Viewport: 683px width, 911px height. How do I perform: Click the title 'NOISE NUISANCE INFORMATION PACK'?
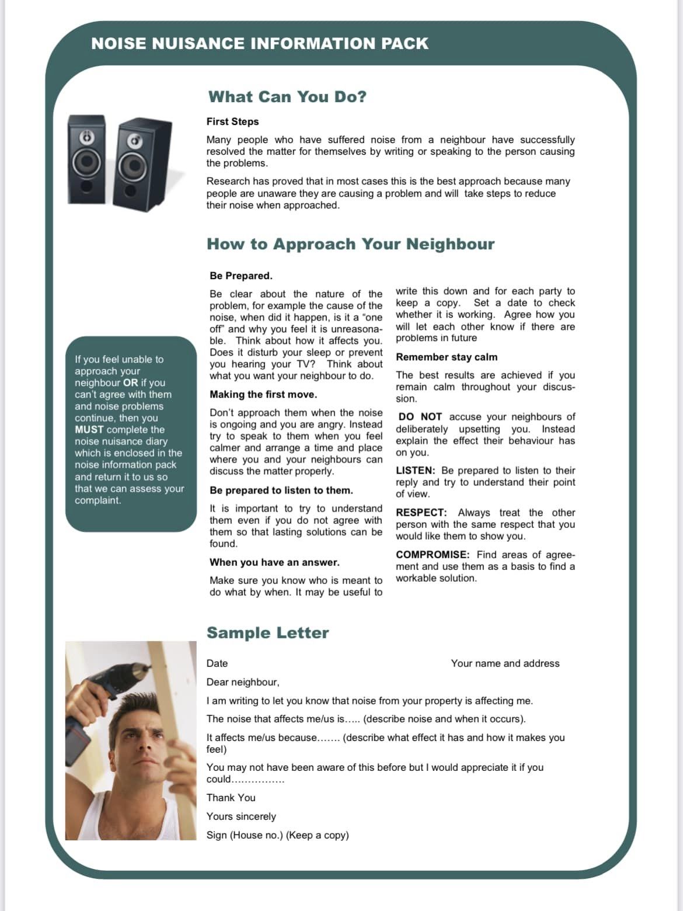260,44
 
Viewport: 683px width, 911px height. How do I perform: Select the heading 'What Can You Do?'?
287,97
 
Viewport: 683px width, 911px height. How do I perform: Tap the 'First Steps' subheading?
232,121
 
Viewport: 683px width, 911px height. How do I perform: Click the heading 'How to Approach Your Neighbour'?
350,244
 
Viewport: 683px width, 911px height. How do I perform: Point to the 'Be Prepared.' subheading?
241,276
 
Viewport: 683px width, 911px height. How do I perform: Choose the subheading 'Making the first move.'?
263,394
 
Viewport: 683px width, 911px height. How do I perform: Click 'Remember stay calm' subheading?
447,357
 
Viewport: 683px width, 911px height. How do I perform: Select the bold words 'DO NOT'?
420,417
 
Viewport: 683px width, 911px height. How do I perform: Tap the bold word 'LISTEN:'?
415,470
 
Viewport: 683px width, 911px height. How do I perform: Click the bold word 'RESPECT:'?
421,512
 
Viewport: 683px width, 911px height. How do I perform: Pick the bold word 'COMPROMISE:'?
432,554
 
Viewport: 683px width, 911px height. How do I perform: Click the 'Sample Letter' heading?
267,633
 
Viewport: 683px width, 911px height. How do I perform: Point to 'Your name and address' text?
505,663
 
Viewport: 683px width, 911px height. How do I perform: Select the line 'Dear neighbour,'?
243,682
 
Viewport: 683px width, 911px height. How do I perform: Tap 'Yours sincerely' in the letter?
241,816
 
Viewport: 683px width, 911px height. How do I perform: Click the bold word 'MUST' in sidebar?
89,430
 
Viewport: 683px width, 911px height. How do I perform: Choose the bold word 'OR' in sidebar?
130,383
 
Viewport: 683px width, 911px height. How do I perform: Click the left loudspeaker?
87,159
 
